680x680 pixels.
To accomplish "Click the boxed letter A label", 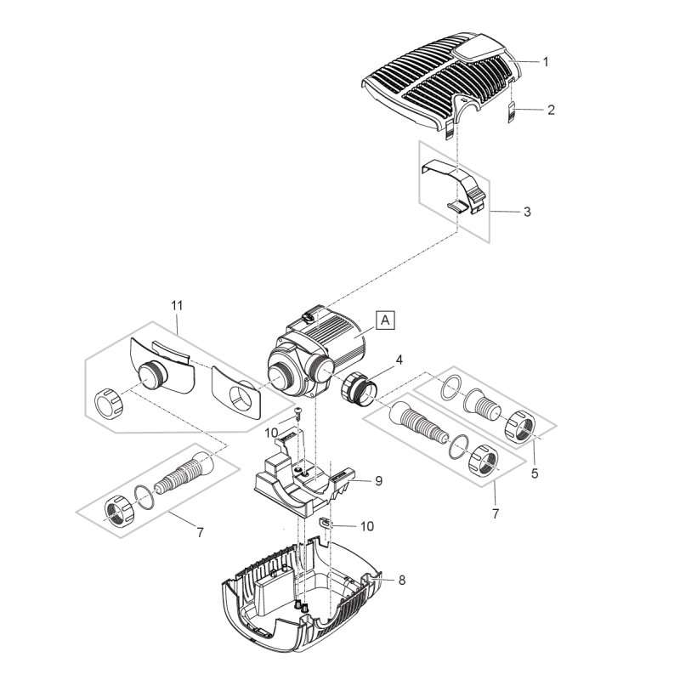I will pyautogui.click(x=386, y=320).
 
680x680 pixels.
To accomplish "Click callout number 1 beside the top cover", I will pyautogui.click(x=546, y=61).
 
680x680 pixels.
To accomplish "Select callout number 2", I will pyautogui.click(x=551, y=110).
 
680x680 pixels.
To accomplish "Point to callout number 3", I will pyautogui.click(x=527, y=211).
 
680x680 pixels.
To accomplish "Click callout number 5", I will pyautogui.click(x=535, y=473).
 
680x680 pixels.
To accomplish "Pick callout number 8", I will pyautogui.click(x=401, y=580).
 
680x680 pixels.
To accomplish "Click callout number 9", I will pyautogui.click(x=378, y=480).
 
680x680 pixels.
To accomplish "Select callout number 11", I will pyautogui.click(x=177, y=304).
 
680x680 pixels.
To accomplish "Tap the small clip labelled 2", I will pyautogui.click(x=513, y=112).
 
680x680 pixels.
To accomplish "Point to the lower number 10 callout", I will pyautogui.click(x=365, y=526).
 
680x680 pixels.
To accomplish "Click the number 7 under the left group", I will pyautogui.click(x=200, y=533).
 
